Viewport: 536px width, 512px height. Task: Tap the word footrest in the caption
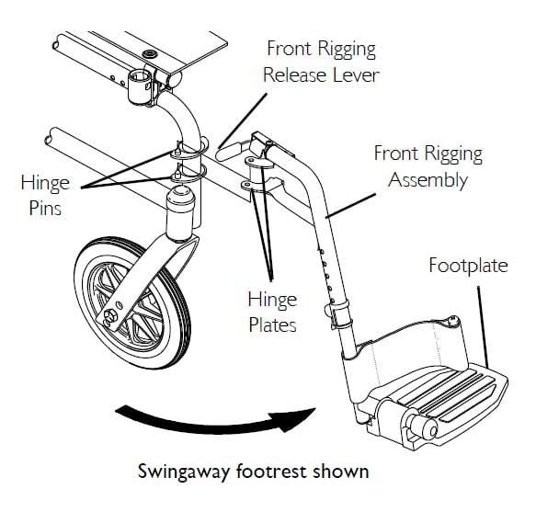click(268, 472)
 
